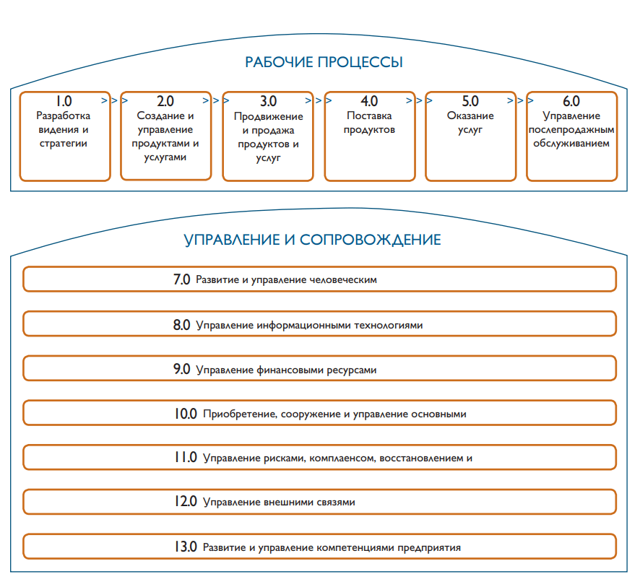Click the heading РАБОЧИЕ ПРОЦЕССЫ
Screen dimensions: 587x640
coord(324,62)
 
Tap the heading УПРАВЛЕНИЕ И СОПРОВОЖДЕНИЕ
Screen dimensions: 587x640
coord(313,240)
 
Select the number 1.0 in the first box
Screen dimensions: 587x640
coord(64,102)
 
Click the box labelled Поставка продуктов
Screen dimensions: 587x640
coord(369,135)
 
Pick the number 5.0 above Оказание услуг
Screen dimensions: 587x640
coord(470,102)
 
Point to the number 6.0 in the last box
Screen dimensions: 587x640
coord(571,102)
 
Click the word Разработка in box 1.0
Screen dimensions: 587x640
coord(64,116)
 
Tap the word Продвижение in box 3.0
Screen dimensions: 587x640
coord(269,116)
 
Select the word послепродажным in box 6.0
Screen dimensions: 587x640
coord(571,129)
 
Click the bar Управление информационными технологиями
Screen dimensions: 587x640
coord(319,324)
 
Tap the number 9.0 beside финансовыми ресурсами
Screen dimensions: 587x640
coord(181,370)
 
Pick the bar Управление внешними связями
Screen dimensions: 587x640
coord(319,501)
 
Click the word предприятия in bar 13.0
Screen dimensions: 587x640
coord(429,547)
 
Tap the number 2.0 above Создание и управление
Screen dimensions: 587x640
coord(165,102)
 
